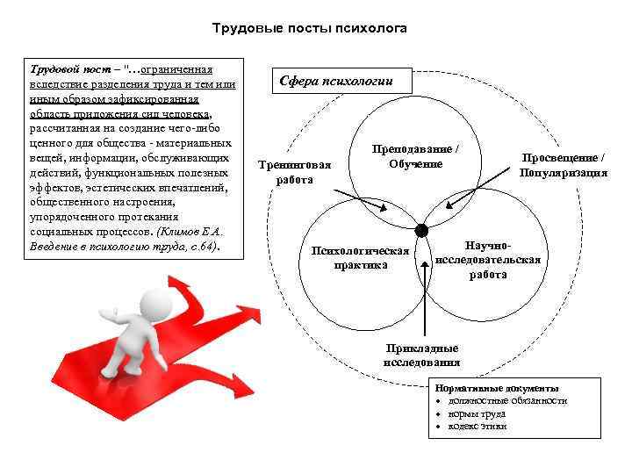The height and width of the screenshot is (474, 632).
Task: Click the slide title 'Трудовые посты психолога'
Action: pyautogui.click(x=310, y=29)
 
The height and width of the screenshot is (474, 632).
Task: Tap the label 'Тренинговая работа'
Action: pyautogui.click(x=294, y=172)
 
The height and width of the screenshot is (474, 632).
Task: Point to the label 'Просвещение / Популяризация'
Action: pyautogui.click(x=563, y=165)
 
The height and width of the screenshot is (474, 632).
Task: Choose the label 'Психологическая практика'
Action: pyautogui.click(x=361, y=258)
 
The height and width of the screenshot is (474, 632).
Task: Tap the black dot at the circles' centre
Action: pyautogui.click(x=421, y=231)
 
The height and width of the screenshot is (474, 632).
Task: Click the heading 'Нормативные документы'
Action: pyautogui.click(x=497, y=388)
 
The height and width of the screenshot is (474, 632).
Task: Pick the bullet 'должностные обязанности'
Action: pyautogui.click(x=507, y=400)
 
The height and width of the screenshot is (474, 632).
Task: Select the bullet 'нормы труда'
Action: pyautogui.click(x=478, y=413)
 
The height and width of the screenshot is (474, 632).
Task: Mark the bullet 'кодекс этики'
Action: pyautogui.click(x=478, y=427)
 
